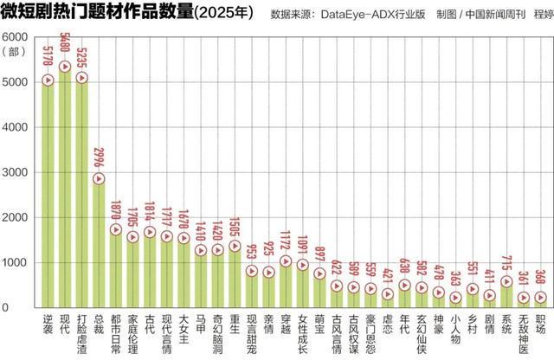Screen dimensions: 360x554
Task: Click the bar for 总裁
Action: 99,242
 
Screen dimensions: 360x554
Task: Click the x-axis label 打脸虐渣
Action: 82,336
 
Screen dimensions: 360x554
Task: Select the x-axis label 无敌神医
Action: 523,336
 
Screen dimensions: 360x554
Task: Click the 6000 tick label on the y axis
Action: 17,37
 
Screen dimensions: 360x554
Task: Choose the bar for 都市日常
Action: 116,267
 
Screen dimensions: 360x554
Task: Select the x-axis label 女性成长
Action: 303,336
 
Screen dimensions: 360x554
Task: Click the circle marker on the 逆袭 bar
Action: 48,80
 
